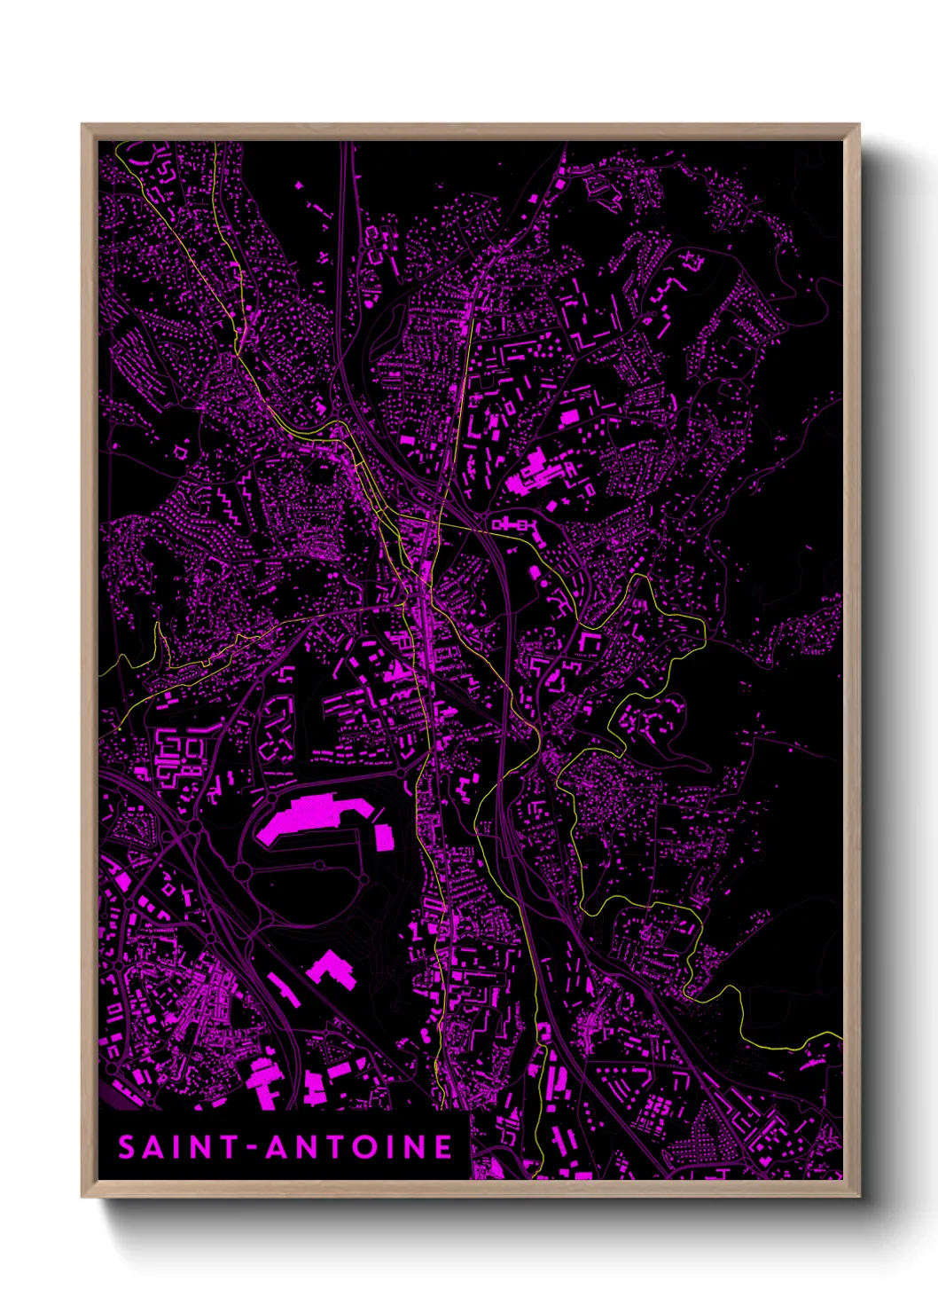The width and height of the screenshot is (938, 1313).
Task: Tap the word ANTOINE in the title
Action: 360,1147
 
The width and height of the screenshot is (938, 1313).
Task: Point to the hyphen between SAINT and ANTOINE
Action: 253,1148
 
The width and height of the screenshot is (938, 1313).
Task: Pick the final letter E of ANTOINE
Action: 443,1147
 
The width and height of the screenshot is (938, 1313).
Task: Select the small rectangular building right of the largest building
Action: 385,837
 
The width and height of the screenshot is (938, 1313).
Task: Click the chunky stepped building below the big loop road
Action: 332,969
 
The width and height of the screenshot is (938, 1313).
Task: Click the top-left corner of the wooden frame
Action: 82,125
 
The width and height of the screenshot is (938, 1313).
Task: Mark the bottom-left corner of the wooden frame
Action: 82,1197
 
